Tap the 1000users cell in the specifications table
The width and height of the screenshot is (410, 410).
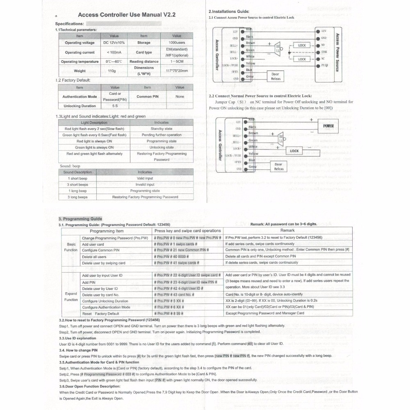[177, 43]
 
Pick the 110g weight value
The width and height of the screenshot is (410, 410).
[112, 71]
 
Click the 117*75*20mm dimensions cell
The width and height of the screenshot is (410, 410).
[177, 71]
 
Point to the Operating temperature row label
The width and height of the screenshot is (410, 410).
[80, 61]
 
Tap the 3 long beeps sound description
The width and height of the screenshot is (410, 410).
[77, 197]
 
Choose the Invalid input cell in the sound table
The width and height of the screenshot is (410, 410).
[145, 184]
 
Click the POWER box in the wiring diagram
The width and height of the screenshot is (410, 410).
[328, 126]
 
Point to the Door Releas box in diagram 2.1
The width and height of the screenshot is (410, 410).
[276, 77]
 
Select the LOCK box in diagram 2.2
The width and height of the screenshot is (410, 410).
[294, 151]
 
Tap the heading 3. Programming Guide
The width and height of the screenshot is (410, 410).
[80, 219]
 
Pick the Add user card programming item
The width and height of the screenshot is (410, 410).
[93, 244]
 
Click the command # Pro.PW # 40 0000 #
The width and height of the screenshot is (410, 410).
[171, 256]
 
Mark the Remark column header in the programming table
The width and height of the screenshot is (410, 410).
[287, 231]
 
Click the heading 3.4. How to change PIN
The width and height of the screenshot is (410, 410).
[78, 350]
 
